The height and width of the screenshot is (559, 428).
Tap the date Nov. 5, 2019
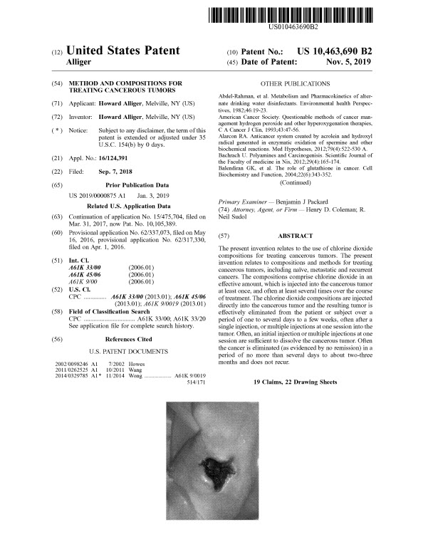pos(349,63)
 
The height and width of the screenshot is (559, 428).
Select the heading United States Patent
pos(122,51)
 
